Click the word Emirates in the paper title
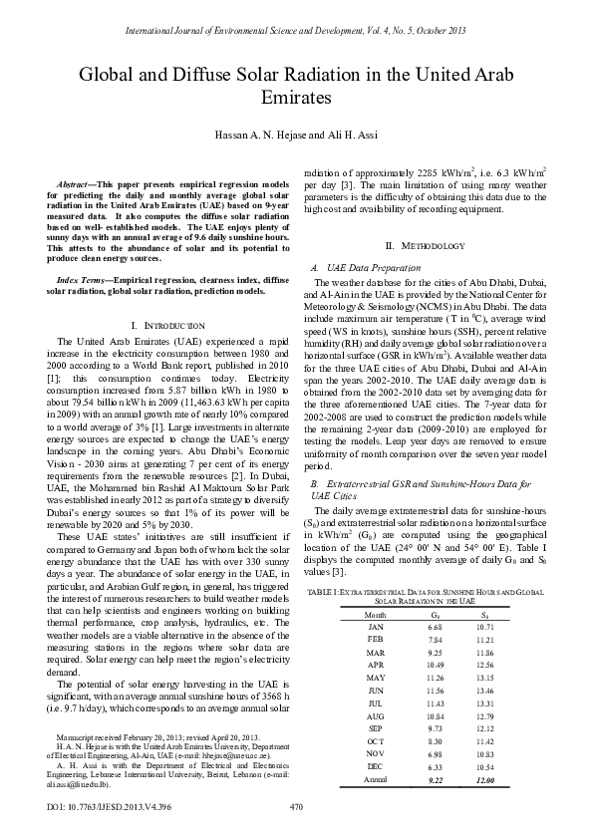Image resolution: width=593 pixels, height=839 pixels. [x=296, y=98]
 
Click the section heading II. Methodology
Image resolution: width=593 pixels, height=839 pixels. [x=425, y=245]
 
